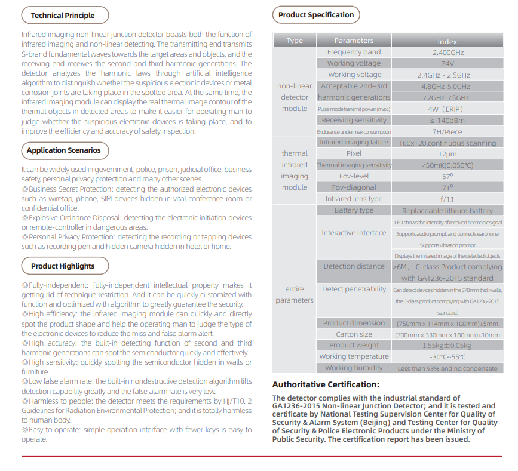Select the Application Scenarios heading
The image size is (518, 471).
pyautogui.click(x=63, y=150)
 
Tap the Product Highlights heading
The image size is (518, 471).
pyautogui.click(x=62, y=266)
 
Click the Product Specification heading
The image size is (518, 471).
pyautogui.click(x=316, y=15)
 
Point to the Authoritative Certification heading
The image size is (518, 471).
pyautogui.click(x=326, y=384)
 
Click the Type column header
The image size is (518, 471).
pyautogui.click(x=295, y=41)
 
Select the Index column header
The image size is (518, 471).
pyautogui.click(x=447, y=41)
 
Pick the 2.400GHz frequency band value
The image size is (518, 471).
pyautogui.click(x=447, y=53)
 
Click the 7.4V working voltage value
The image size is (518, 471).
pyautogui.click(x=447, y=63)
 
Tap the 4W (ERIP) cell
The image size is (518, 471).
pyautogui.click(x=447, y=109)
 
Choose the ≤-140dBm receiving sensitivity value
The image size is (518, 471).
pyautogui.click(x=447, y=120)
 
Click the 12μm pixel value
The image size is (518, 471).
pyautogui.click(x=447, y=154)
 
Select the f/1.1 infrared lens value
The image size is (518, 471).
pyautogui.click(x=447, y=199)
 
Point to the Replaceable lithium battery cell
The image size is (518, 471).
pyautogui.click(x=447, y=211)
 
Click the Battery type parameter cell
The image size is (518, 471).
pyautogui.click(x=354, y=210)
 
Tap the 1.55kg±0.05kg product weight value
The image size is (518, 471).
pyautogui.click(x=447, y=346)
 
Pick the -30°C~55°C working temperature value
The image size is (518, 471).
pyautogui.click(x=447, y=357)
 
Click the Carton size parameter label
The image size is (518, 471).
pyautogui.click(x=354, y=334)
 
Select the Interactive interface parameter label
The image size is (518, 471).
pyautogui.click(x=354, y=233)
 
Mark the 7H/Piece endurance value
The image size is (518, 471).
pyautogui.click(x=447, y=131)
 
